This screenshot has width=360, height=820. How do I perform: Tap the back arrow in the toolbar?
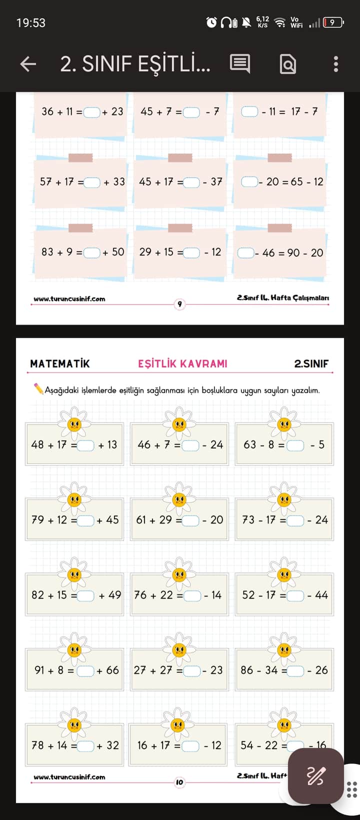click(28, 64)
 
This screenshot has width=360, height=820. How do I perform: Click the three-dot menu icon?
click(336, 64)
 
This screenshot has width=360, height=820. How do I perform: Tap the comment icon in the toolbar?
click(240, 64)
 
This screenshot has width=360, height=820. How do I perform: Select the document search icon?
click(288, 64)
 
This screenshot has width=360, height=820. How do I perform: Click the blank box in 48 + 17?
click(86, 445)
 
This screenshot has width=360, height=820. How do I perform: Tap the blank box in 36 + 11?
click(92, 112)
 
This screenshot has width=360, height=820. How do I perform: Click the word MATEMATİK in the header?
click(60, 364)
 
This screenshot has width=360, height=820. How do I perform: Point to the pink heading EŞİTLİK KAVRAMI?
click(182, 364)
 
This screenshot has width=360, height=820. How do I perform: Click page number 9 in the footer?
click(179, 303)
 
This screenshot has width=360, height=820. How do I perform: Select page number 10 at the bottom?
click(179, 782)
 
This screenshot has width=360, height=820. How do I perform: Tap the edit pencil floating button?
click(315, 775)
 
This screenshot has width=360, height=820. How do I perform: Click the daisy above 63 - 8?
click(284, 423)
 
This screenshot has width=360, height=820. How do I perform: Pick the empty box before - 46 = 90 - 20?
click(245, 253)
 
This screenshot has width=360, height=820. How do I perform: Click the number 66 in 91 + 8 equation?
click(112, 670)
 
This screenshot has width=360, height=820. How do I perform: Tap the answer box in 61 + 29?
click(190, 520)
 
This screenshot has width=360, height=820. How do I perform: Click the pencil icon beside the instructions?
click(38, 388)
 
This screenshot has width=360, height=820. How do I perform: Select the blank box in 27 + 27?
click(192, 671)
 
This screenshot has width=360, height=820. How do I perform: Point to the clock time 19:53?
click(31, 23)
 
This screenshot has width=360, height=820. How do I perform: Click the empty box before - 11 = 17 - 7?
click(249, 112)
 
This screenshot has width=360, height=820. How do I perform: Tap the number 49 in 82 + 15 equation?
click(114, 595)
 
